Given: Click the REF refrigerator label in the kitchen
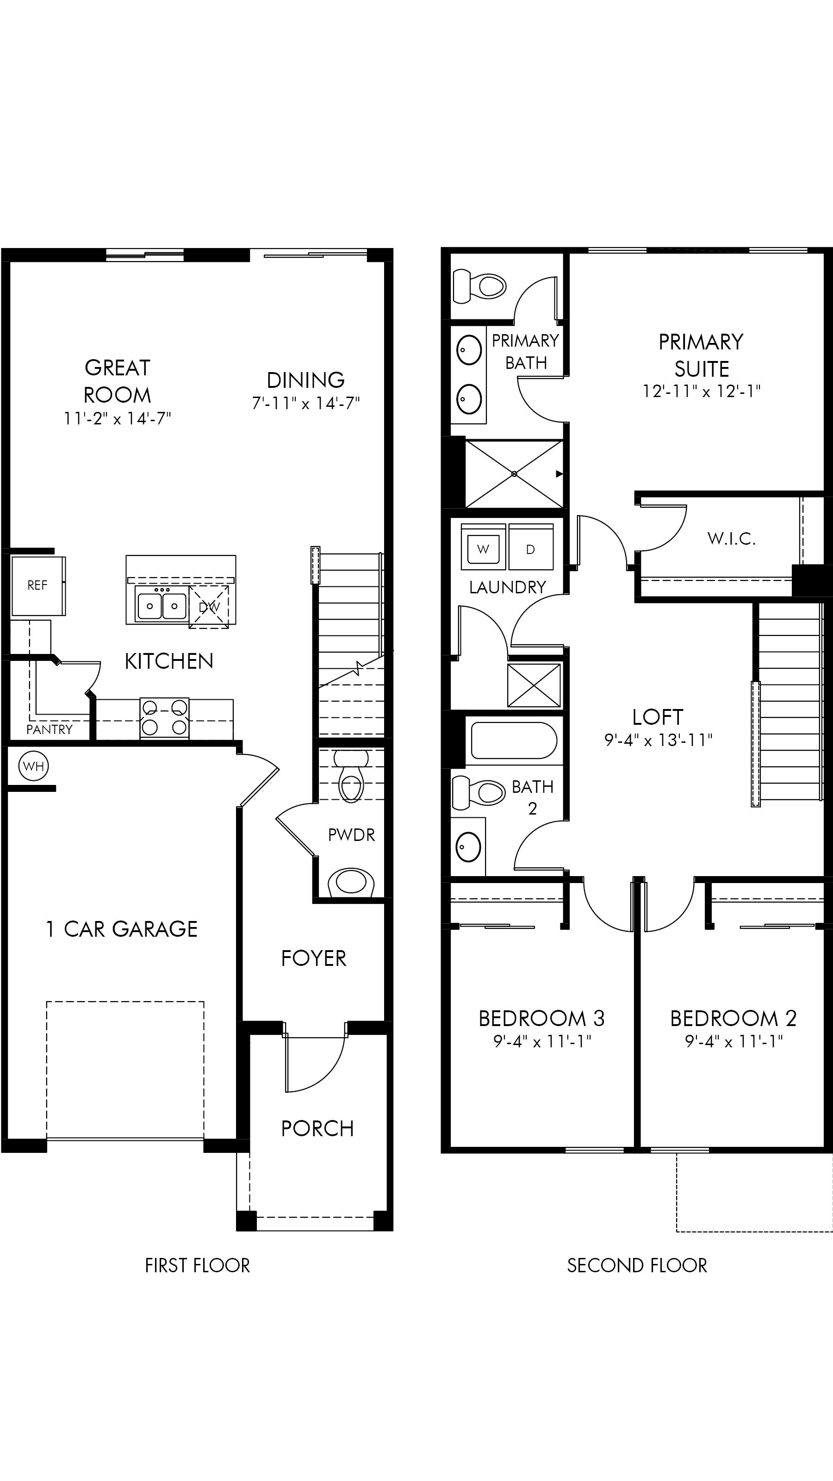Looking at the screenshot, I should tap(37, 585).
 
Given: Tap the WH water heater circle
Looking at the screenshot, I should tap(33, 766).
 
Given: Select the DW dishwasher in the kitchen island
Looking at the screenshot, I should tap(209, 607).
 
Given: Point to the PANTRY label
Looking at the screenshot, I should tap(50, 729).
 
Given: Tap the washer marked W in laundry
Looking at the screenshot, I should tap(483, 549).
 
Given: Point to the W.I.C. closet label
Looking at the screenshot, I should tap(731, 539).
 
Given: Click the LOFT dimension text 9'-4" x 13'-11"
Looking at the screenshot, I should tap(658, 740).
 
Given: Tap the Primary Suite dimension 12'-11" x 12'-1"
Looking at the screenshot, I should tap(702, 392).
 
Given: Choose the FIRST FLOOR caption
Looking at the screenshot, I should tap(197, 1265).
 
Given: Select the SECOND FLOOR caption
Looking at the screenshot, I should tap(637, 1265).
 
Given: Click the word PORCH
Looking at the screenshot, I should tap(317, 1129).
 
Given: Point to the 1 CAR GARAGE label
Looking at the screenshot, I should tap(121, 929).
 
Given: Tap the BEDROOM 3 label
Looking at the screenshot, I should tap(541, 1019).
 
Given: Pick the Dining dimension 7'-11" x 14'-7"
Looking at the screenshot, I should tap(306, 404).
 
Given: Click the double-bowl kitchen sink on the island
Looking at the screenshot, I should tap(162, 605).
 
